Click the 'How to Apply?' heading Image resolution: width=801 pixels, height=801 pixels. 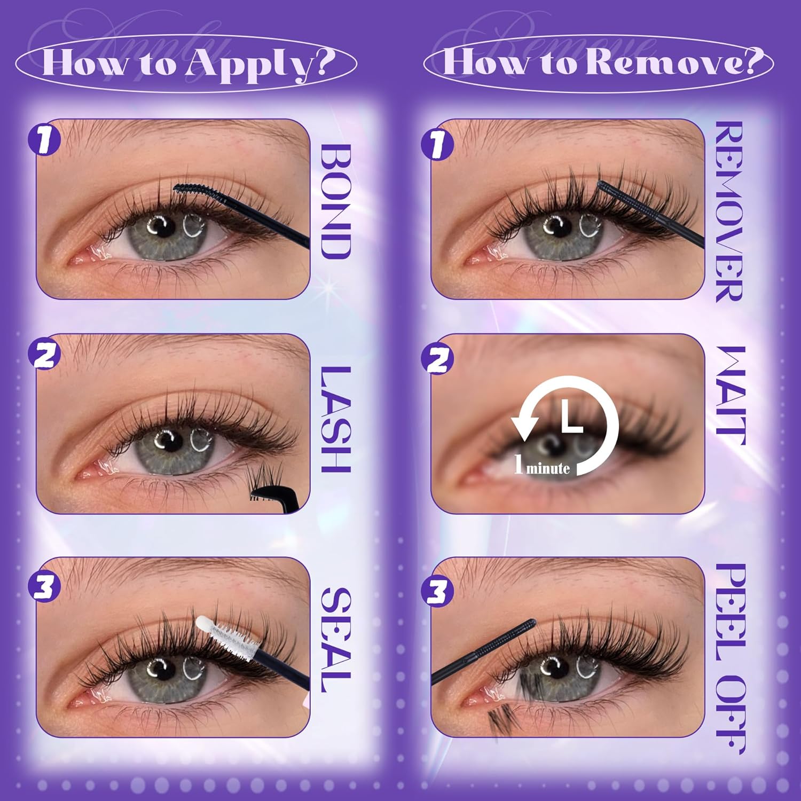click(186, 62)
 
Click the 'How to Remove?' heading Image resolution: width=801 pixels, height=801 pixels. click(599, 61)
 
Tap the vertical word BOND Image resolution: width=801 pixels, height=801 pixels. click(336, 201)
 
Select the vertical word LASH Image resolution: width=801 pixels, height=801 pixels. click(336, 419)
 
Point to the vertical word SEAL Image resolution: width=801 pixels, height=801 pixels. click(336, 640)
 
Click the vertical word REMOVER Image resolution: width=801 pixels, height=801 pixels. click(729, 212)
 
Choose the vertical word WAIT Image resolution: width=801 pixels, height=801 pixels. click(729, 395)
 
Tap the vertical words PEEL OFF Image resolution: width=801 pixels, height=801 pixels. click(729, 658)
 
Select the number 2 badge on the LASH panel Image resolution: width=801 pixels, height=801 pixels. click(44, 355)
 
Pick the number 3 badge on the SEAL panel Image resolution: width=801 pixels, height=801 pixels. click(44, 587)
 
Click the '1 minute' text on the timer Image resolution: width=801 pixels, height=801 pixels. click(541, 465)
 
